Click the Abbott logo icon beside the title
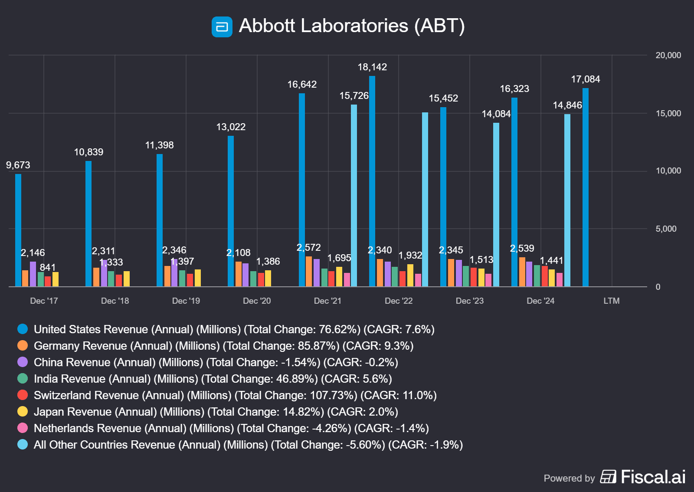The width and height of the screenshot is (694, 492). pos(222,27)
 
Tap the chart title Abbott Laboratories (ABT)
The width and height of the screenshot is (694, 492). pos(351,26)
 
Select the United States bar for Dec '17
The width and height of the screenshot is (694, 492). pos(18,230)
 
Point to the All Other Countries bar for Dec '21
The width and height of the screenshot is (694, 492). pos(354,195)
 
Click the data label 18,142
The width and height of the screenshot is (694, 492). pos(372,67)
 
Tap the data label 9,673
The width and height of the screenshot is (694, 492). pos(18,165)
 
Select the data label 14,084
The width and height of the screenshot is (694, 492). pos(496,114)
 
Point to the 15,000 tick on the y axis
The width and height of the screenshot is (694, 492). pos(668,113)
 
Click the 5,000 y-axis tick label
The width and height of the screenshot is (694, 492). pos(666,229)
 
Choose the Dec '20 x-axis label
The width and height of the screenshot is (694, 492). pos(257,301)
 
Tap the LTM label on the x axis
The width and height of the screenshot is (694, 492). pos(612,301)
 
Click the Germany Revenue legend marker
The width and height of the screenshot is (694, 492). pos(23,345)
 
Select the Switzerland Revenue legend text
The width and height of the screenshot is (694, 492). pos(235,395)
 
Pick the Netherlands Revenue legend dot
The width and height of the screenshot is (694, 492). pos(23,428)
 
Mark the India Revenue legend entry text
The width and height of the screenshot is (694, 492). pos(213,379)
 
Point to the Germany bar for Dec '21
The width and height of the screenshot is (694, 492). pos(309,271)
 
